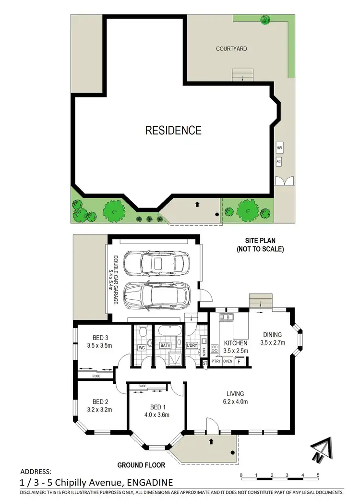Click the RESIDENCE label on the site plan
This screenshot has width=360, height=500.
click(x=173, y=130)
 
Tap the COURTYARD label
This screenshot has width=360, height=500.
click(x=232, y=49)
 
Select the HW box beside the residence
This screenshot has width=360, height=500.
click(x=279, y=149)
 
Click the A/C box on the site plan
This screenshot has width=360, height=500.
click(x=278, y=162)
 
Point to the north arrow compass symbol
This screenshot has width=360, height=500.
click(x=321, y=451)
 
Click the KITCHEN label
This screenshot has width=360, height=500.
click(x=235, y=343)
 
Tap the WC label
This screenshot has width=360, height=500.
click(x=142, y=347)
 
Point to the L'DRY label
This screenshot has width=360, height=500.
click(x=192, y=345)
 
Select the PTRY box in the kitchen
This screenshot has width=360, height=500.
click(x=216, y=361)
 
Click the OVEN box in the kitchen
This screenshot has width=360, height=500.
click(x=228, y=361)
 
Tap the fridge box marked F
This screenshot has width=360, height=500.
click(x=239, y=361)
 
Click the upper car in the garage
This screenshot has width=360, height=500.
click(x=154, y=263)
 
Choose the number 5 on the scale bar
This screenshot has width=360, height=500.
click(x=318, y=475)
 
